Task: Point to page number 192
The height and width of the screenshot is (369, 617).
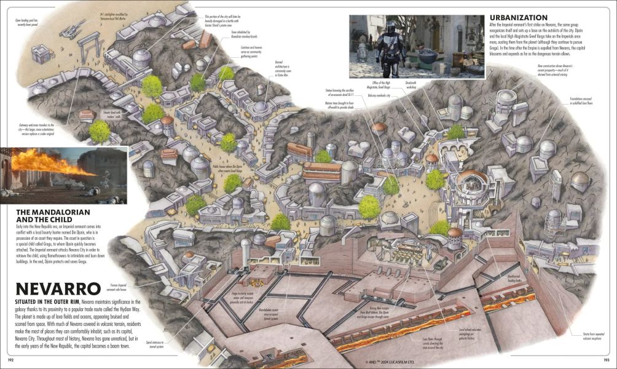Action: (10, 359)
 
